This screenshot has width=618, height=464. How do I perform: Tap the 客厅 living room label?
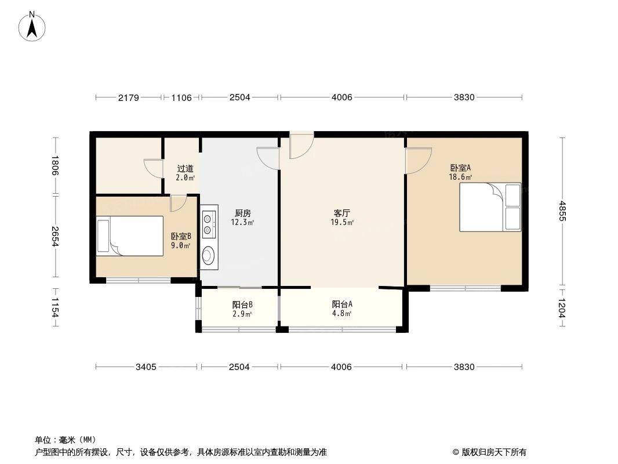(x=342, y=213)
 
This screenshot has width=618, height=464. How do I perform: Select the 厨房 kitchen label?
(x=242, y=213)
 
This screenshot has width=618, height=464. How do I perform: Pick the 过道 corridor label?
(x=185, y=169)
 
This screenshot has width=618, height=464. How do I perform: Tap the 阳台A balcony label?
(x=342, y=304)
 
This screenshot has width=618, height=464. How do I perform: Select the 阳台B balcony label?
(x=242, y=304)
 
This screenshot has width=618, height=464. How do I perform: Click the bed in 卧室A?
(x=490, y=207)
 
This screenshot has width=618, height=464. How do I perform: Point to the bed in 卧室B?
(x=130, y=235)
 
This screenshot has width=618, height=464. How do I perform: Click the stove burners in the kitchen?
(x=209, y=223)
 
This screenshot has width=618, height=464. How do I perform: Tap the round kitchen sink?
(x=209, y=255)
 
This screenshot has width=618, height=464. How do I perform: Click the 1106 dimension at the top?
(x=181, y=97)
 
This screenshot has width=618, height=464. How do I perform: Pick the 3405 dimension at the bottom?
(x=147, y=367)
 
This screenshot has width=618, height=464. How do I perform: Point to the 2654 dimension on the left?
(x=56, y=236)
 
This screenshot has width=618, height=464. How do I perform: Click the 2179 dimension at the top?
(x=129, y=97)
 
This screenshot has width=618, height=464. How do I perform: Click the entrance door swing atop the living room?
(x=300, y=145)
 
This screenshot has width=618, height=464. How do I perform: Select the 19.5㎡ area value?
(x=342, y=222)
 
